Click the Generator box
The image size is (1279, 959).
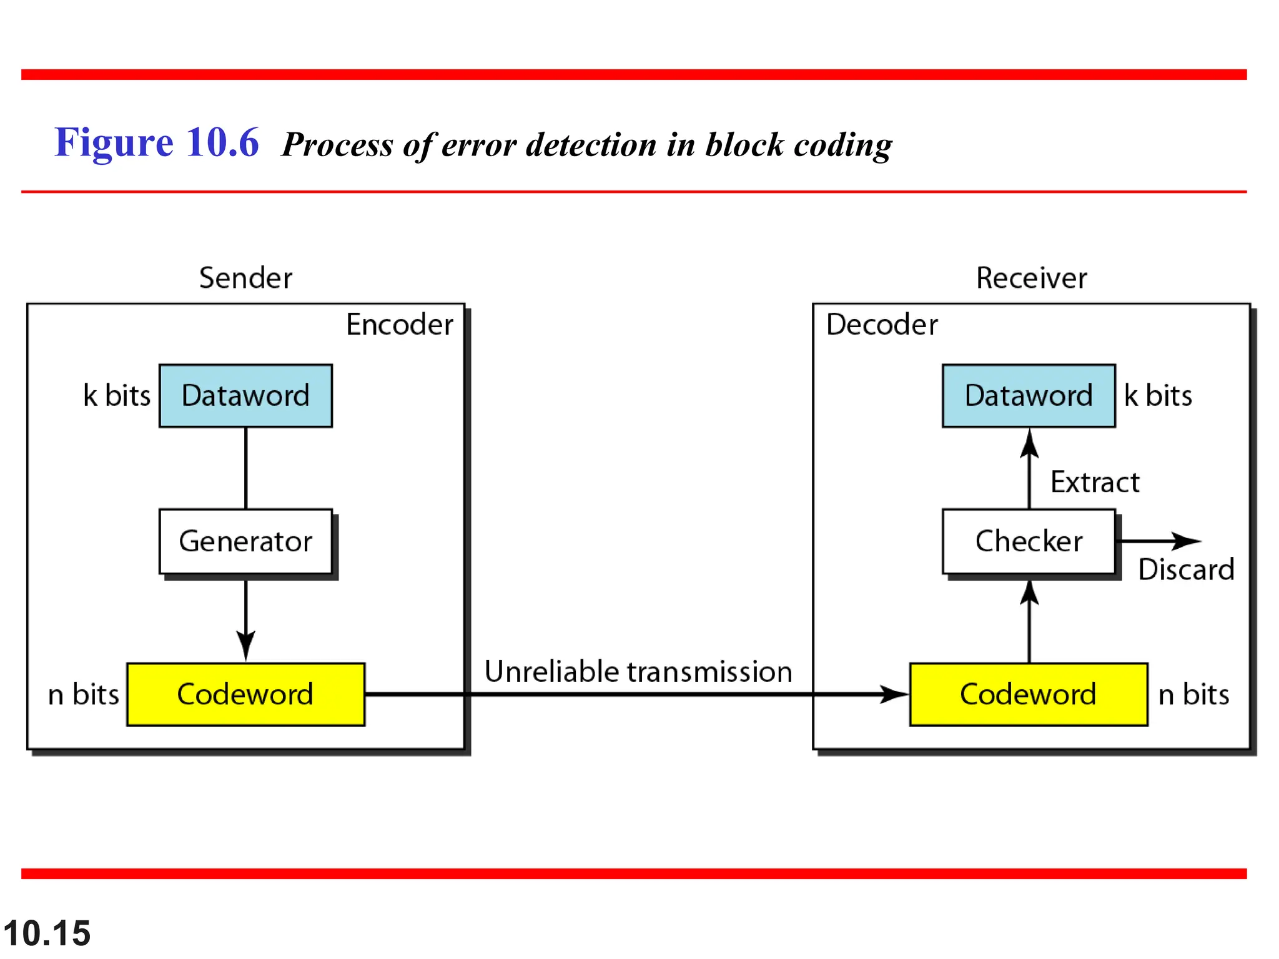click(x=245, y=541)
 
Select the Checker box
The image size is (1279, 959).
click(x=1029, y=541)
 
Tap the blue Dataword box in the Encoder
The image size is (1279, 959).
click(x=245, y=396)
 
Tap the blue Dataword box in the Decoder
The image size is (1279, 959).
click(x=1029, y=396)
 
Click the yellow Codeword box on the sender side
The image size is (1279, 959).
click(x=245, y=694)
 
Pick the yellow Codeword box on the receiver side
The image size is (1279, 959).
click(x=1029, y=694)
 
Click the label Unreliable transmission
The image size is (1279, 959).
click(x=638, y=672)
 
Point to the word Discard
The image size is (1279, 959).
click(x=1186, y=569)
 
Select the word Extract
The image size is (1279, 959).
click(x=1095, y=482)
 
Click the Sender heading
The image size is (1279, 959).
click(x=245, y=278)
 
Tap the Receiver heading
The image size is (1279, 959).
click(x=1031, y=278)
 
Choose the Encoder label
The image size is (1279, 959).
click(x=400, y=325)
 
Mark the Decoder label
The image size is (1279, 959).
click(x=882, y=325)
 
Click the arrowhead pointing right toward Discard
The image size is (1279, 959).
click(x=1187, y=541)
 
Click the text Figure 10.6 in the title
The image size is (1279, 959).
click(x=156, y=142)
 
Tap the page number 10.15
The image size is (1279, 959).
click(x=47, y=933)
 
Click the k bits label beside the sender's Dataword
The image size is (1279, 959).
click(x=117, y=396)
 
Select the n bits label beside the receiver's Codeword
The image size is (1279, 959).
click(x=1193, y=694)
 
